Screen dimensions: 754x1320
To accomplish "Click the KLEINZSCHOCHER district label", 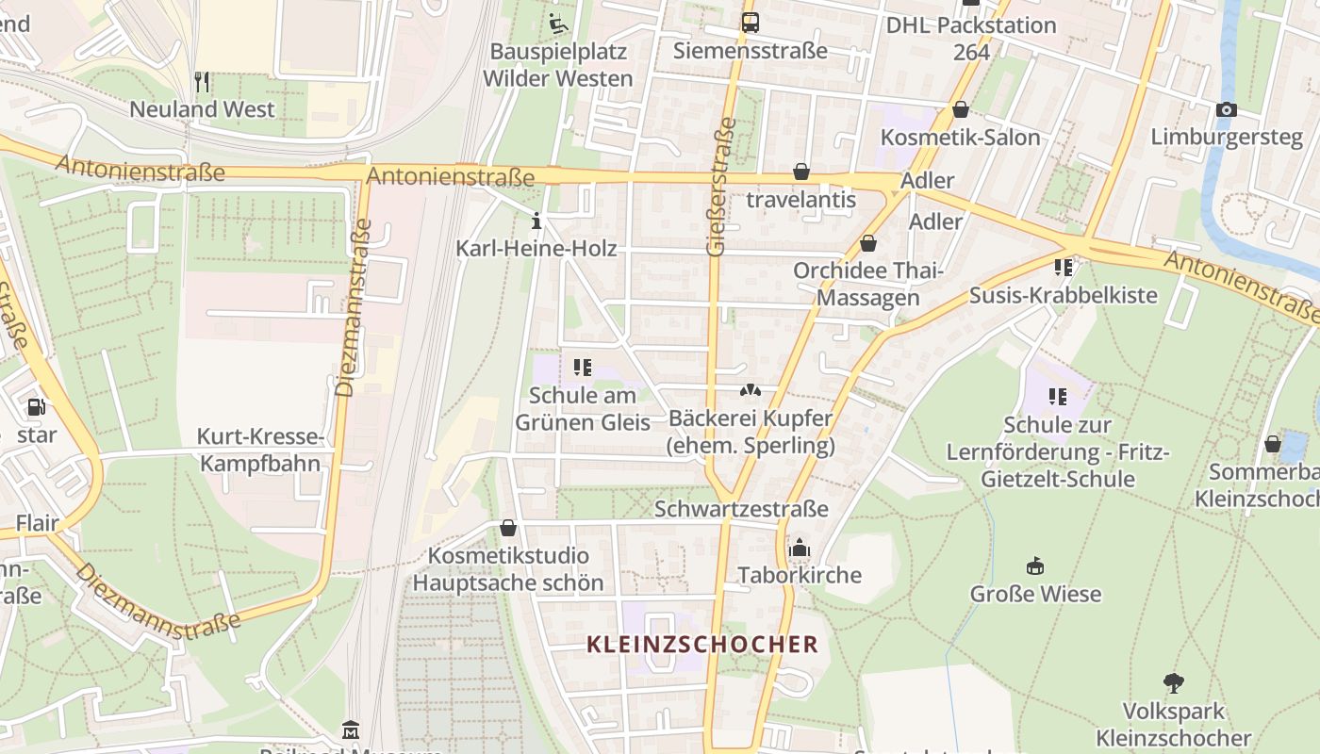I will click(x=701, y=645).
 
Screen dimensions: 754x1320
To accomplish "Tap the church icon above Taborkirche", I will click(x=800, y=548).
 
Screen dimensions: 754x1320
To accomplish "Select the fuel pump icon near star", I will click(x=37, y=407).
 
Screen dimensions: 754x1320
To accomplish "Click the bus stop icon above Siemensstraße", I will click(x=750, y=23).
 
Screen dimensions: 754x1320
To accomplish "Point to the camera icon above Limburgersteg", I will click(x=1226, y=109).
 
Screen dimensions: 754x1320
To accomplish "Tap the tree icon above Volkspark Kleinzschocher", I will click(x=1173, y=682).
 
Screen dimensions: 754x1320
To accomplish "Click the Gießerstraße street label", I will click(x=719, y=187).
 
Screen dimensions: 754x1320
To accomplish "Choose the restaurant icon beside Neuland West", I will click(x=202, y=82).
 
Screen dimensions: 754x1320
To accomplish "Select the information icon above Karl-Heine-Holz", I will click(x=536, y=221).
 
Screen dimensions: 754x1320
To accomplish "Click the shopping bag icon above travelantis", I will click(x=800, y=172).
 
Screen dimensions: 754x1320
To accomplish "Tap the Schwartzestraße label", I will click(x=741, y=509).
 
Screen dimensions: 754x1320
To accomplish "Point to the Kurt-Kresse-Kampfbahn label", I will click(x=260, y=450).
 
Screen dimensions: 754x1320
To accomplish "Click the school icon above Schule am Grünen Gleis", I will click(x=582, y=367).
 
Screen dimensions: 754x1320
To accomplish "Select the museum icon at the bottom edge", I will click(x=351, y=729).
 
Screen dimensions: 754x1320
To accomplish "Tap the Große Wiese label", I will click(x=1035, y=594).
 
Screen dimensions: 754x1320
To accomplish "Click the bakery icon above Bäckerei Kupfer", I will click(x=750, y=389).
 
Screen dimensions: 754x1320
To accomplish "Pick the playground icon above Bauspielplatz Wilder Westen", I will click(x=557, y=23).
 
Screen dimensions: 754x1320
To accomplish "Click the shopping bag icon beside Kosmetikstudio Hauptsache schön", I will click(x=508, y=528).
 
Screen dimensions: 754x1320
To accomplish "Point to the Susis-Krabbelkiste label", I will click(x=1064, y=295).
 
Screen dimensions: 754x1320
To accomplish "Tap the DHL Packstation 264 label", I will click(x=971, y=38).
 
